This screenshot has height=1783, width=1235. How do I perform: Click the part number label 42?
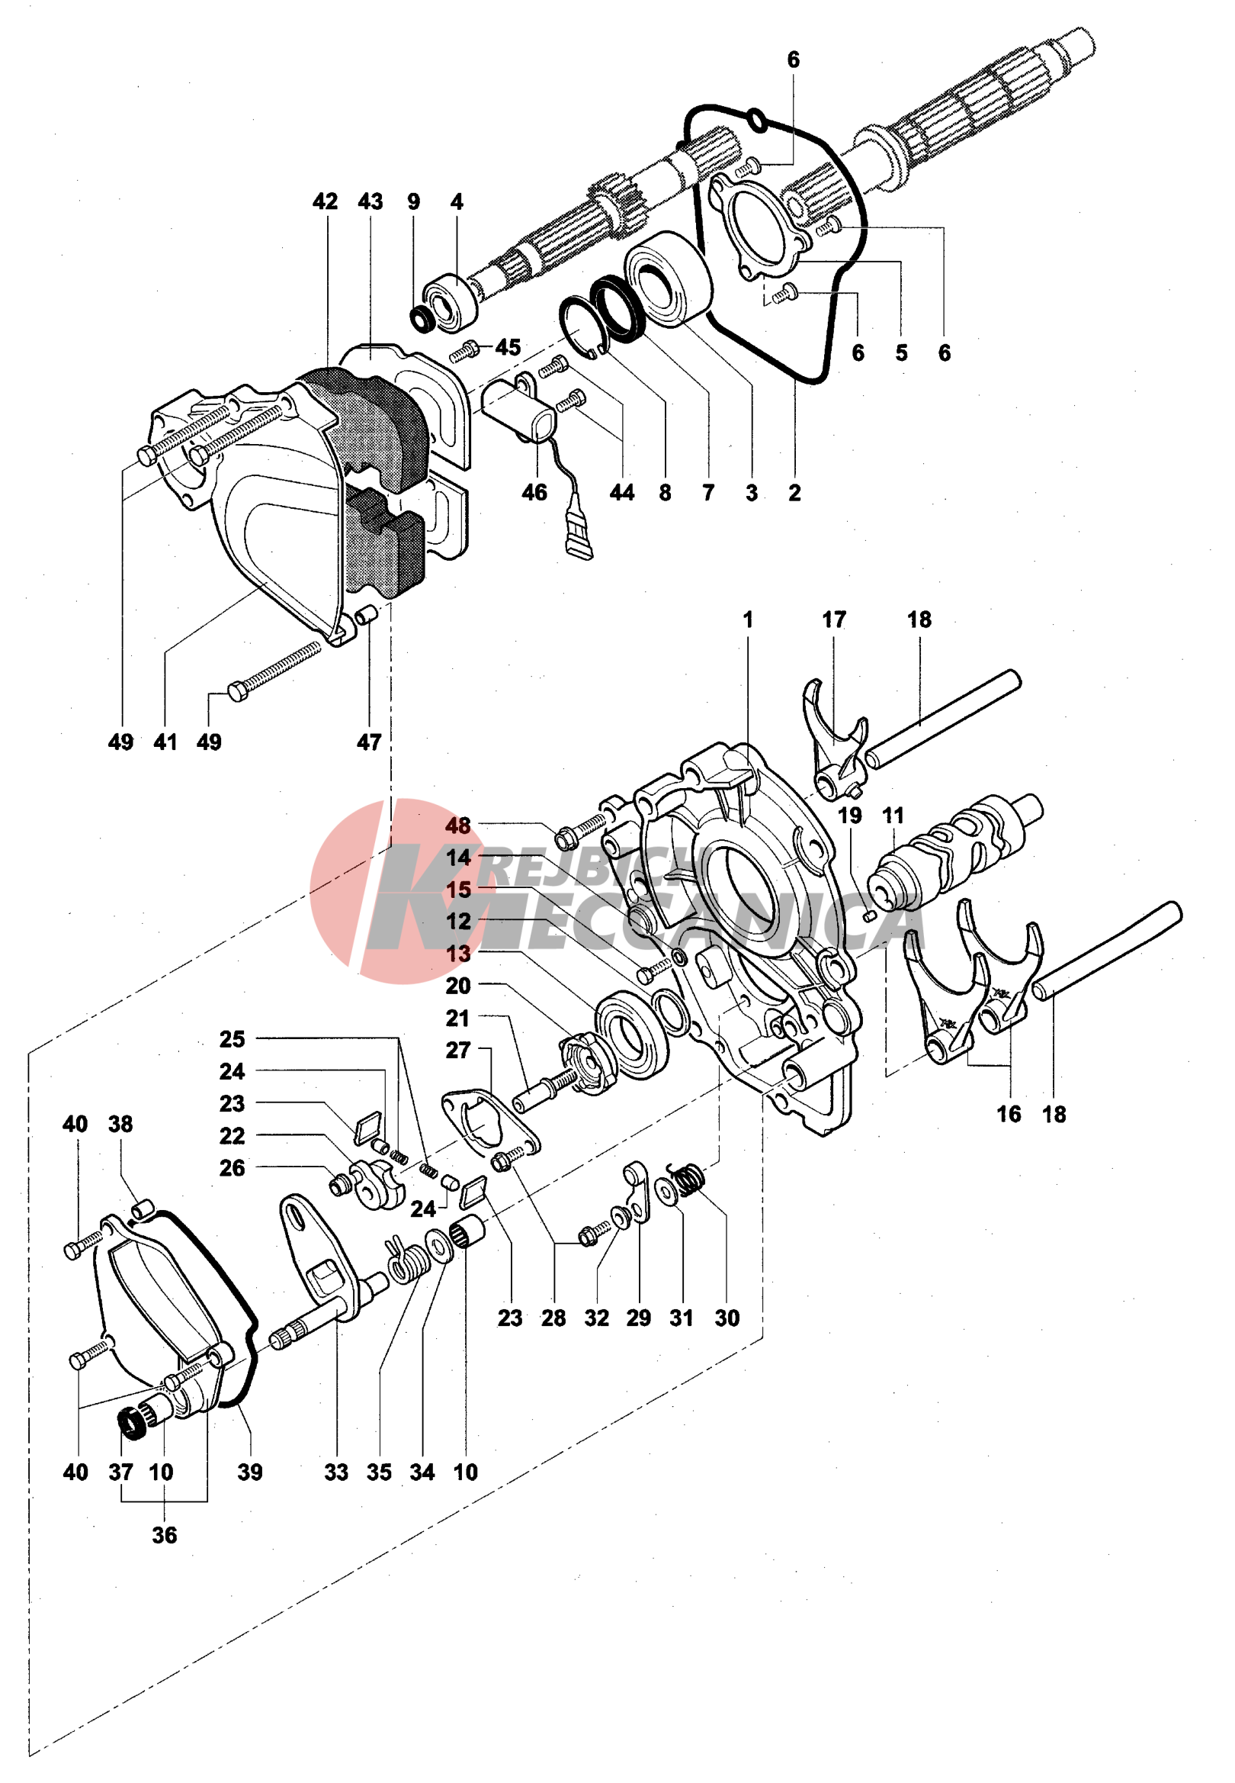tap(325, 202)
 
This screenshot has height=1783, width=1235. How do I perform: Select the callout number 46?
tap(534, 492)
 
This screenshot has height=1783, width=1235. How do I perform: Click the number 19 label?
tap(850, 816)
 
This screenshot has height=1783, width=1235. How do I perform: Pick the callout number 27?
tap(458, 1050)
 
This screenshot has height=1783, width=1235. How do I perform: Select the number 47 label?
tap(369, 742)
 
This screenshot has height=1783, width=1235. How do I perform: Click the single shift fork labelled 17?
tap(834, 743)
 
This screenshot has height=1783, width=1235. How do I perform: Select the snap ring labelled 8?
tap(585, 325)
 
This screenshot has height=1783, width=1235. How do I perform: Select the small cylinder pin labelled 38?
tap(143, 1207)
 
